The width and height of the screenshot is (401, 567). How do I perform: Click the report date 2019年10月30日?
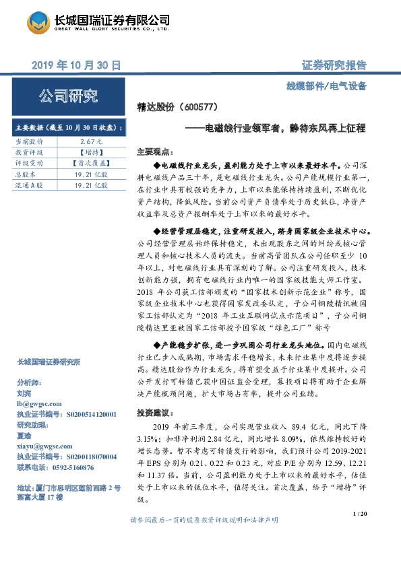pyautogui.click(x=76, y=65)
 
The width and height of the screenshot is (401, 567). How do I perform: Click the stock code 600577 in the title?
pyautogui.click(x=199, y=107)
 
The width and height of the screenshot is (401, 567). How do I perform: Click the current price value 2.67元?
pyautogui.click(x=90, y=142)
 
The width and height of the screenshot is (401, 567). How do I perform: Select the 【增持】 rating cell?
pyautogui.click(x=90, y=152)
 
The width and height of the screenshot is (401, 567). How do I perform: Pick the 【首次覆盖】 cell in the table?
pyautogui.click(x=90, y=163)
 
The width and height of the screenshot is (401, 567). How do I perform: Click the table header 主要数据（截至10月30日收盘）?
pyautogui.click(x=68, y=128)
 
